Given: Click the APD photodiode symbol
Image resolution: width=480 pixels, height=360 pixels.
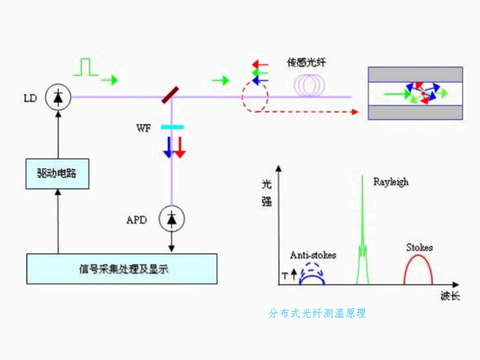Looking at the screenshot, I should pyautogui.click(x=171, y=219).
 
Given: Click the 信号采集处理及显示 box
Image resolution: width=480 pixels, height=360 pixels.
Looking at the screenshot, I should pyautogui.click(x=121, y=269).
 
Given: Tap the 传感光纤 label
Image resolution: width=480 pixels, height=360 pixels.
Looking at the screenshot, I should pyautogui.click(x=307, y=62).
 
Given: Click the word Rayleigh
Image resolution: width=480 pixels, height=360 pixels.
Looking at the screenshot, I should pyautogui.click(x=390, y=182).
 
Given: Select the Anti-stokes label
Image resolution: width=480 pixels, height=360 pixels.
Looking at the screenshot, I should pyautogui.click(x=313, y=255).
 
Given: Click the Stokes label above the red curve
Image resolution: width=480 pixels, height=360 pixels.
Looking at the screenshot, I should pyautogui.click(x=419, y=247).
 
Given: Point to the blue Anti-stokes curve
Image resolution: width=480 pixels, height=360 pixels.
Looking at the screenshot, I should pyautogui.click(x=313, y=274).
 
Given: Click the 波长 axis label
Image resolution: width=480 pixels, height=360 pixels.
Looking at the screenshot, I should pyautogui.click(x=451, y=296).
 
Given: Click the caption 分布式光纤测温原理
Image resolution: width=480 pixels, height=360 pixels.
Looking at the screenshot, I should pyautogui.click(x=317, y=313).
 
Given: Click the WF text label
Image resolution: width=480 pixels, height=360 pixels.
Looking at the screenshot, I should pyautogui.click(x=143, y=128).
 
